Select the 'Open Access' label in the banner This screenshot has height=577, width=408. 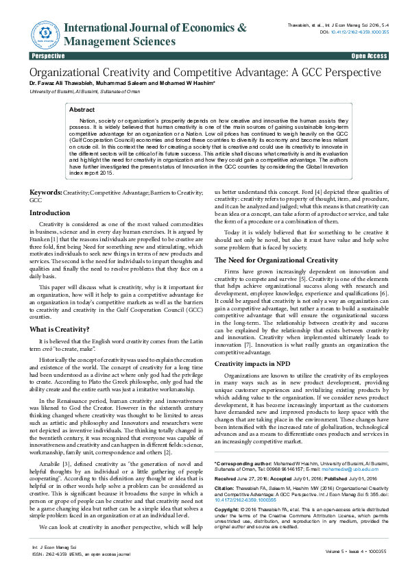[369, 56]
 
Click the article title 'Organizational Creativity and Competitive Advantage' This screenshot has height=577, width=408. [204, 72]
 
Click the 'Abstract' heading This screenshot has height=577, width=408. [82, 110]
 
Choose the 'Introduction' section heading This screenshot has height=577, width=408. [49, 213]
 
